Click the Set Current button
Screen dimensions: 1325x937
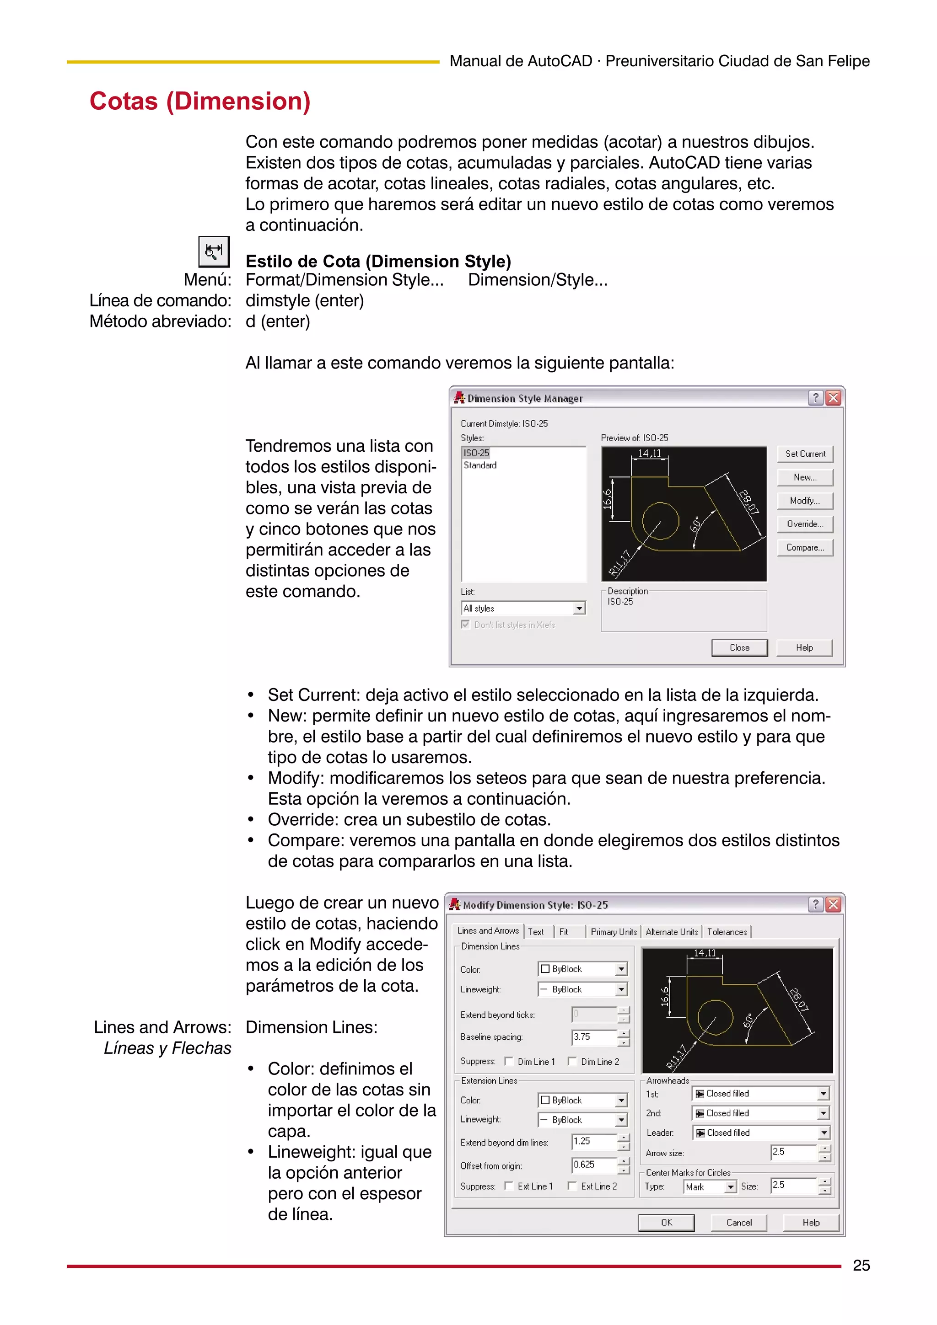click(804, 454)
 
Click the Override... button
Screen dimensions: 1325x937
click(804, 524)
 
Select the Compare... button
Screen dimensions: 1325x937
click(804, 547)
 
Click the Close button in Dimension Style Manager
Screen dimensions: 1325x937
click(739, 647)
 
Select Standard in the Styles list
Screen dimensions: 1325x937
click(480, 465)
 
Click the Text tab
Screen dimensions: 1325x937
click(536, 931)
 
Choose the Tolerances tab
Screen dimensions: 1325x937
click(727, 931)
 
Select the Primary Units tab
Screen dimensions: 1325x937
click(613, 931)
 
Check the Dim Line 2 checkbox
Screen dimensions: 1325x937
click(572, 1061)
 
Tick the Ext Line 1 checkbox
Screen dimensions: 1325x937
click(509, 1186)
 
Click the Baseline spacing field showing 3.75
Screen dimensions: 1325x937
click(593, 1037)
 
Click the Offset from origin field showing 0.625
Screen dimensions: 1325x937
click(593, 1165)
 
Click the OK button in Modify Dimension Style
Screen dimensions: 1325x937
click(666, 1222)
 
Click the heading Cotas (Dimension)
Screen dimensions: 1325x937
click(200, 101)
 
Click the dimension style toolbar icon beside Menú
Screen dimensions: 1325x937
click(214, 251)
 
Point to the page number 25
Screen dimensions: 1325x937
click(861, 1266)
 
